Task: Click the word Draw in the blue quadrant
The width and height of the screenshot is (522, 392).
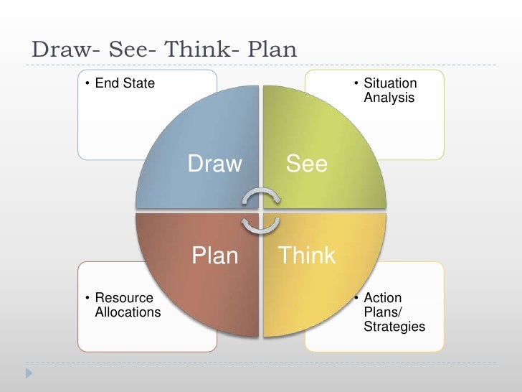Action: [x=215, y=165]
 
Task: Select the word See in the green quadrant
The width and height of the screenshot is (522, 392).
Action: [x=307, y=165]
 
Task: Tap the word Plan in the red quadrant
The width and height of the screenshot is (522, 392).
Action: [x=214, y=256]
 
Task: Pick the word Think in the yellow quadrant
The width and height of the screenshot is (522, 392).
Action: [x=307, y=256]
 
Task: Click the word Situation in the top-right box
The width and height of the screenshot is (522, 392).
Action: [x=390, y=84]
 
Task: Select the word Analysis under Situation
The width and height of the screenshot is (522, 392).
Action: [x=389, y=97]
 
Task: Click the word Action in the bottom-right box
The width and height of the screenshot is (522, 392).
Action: [x=383, y=299]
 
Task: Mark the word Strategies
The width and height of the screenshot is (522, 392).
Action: [x=394, y=327]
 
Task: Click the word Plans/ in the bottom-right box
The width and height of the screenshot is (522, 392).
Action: [x=381, y=312]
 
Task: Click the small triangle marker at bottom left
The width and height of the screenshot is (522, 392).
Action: [x=29, y=374]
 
